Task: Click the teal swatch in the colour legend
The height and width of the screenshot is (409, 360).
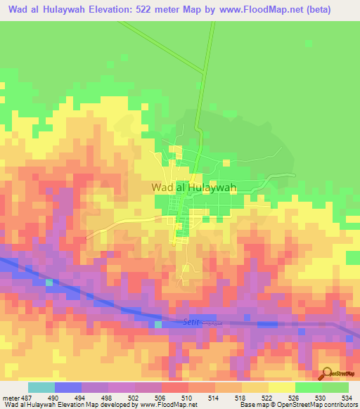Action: (x=41, y=388)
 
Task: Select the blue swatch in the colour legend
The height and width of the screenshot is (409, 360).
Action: (x=67, y=388)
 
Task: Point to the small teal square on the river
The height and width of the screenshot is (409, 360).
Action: (x=49, y=283)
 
